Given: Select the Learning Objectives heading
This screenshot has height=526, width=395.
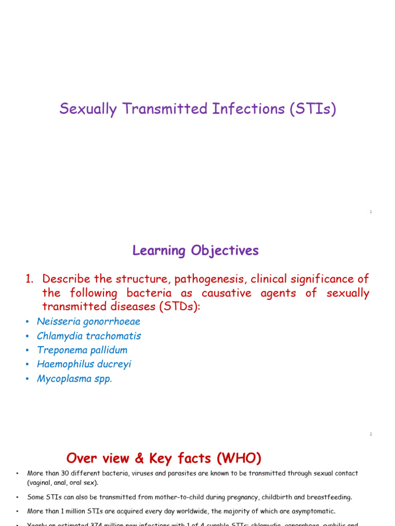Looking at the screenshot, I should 195,251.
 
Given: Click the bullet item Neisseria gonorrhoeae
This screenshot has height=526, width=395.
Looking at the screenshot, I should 88,322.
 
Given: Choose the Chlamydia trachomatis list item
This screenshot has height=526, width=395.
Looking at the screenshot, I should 88,336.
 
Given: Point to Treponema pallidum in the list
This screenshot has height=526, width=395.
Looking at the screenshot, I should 82,350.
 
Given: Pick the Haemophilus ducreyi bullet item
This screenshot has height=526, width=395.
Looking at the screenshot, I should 84,365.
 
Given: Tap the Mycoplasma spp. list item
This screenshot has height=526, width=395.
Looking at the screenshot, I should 74,379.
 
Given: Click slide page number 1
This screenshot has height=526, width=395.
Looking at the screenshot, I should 370,212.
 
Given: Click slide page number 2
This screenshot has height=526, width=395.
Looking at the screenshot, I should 370,434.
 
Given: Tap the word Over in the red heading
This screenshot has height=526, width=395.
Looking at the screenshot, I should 82,458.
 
